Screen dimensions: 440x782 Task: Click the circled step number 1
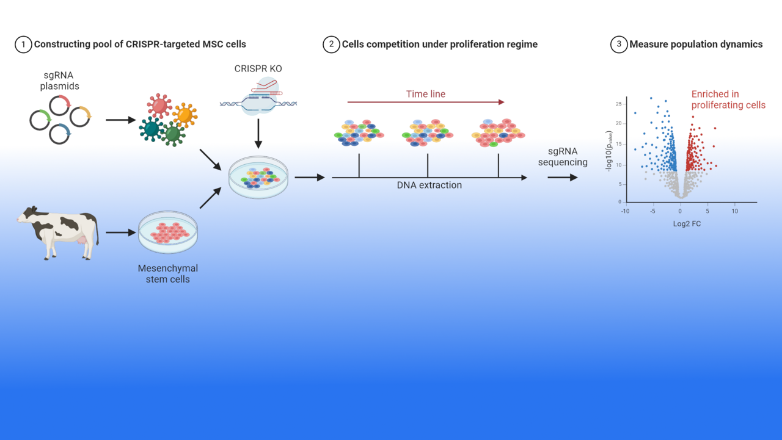point(23,45)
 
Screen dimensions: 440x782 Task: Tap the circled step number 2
point(331,45)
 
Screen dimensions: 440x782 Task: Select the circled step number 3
point(618,45)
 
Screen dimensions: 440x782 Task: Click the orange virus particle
point(185,114)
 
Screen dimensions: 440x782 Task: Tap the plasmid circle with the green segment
point(40,120)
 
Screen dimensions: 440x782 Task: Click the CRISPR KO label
point(258,68)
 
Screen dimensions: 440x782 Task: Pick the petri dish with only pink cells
point(168,233)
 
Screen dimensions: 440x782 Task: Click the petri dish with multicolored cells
point(258,178)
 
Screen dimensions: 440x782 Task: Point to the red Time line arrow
point(426,103)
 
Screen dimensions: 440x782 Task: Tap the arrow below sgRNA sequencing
point(563,178)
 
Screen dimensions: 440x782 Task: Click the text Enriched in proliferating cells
point(728,99)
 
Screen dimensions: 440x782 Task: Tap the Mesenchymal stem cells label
point(168,274)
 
